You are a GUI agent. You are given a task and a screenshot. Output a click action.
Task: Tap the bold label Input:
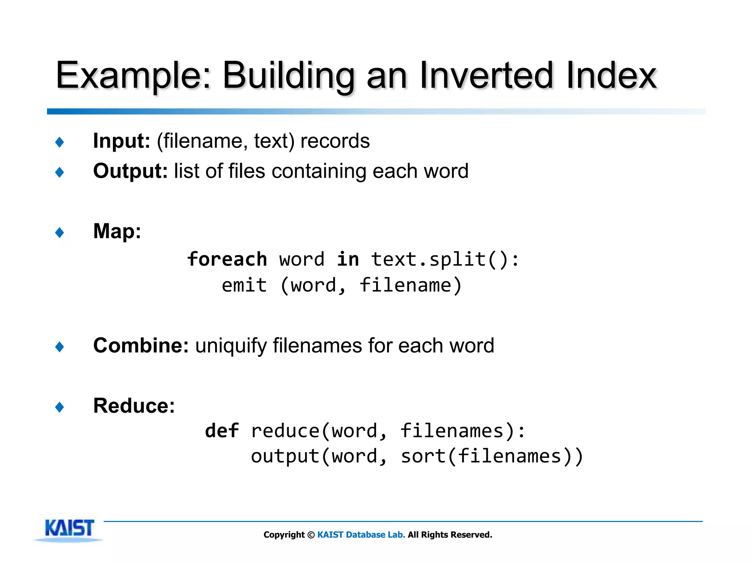click(x=121, y=141)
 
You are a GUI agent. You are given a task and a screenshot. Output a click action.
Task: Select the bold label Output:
click(x=130, y=171)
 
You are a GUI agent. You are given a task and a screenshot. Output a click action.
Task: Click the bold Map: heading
click(x=117, y=231)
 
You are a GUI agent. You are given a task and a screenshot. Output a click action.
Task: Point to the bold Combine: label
click(x=141, y=346)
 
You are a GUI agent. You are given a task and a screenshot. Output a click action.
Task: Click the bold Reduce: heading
click(x=134, y=406)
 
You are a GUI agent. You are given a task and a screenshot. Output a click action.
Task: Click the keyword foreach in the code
click(x=227, y=259)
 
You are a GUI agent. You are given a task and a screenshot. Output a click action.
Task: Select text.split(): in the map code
click(x=445, y=259)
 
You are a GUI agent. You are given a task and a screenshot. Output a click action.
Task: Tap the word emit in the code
click(x=244, y=285)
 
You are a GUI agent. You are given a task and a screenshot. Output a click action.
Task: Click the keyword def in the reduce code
click(x=222, y=431)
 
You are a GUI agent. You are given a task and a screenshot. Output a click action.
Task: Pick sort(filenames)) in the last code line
click(x=492, y=456)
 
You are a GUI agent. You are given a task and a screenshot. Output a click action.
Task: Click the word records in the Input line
click(x=335, y=141)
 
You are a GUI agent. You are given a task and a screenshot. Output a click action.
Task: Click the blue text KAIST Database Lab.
click(x=361, y=535)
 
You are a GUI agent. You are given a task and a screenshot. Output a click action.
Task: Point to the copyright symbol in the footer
click(x=311, y=535)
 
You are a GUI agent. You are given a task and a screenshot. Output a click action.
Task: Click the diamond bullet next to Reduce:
click(x=60, y=407)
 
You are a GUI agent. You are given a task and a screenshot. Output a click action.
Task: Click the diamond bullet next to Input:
click(x=60, y=142)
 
